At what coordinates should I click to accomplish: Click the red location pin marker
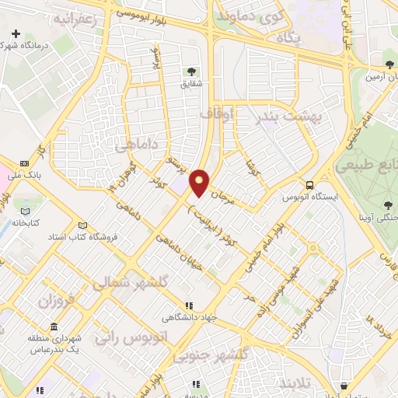(200, 182)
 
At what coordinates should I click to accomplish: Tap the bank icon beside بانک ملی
(24, 164)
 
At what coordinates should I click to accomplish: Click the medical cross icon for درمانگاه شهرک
(16, 34)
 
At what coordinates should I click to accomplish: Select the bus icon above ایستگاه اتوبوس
(310, 185)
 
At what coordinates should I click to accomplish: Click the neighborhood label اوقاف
(217, 114)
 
